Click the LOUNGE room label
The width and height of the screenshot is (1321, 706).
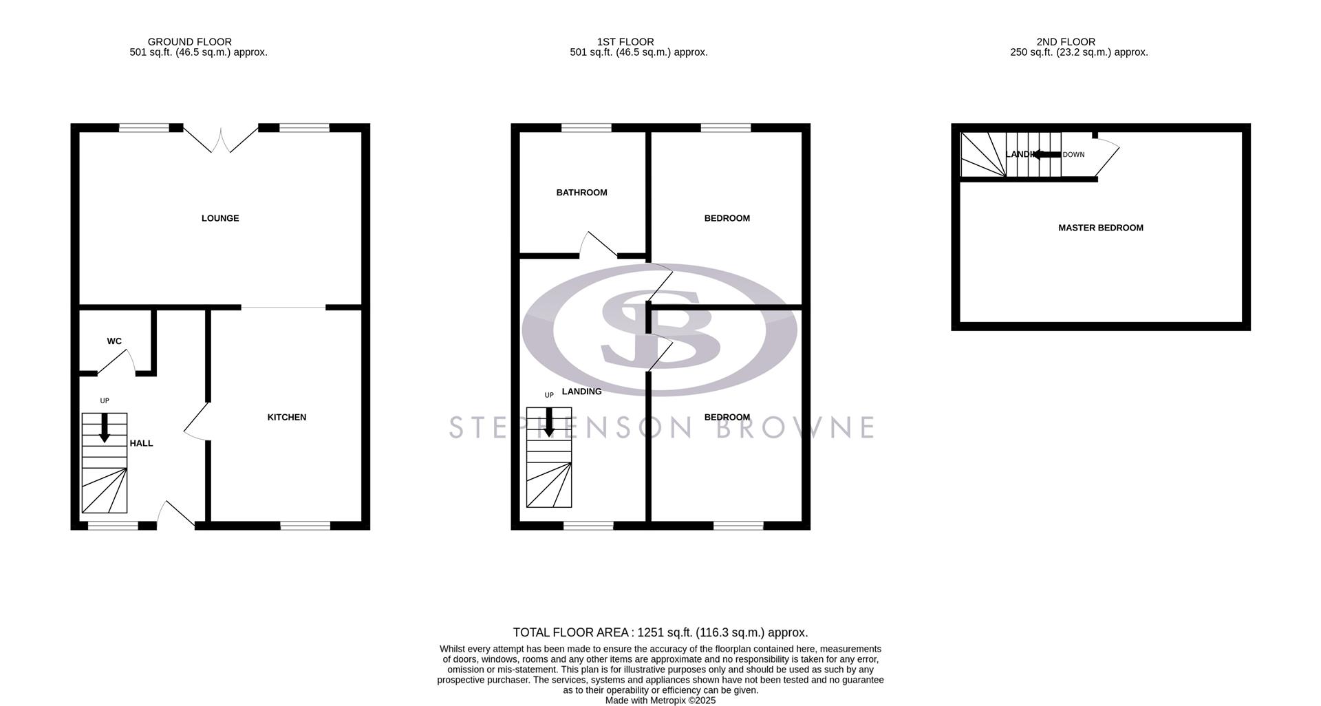(x=220, y=218)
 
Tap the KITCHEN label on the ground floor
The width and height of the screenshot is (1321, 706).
(x=287, y=417)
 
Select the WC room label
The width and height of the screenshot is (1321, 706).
(x=114, y=341)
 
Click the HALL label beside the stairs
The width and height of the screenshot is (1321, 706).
(x=141, y=443)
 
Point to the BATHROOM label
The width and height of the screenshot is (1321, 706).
(x=581, y=193)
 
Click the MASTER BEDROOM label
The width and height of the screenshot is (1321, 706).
(x=1100, y=228)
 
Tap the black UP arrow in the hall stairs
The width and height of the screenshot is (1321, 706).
(x=105, y=427)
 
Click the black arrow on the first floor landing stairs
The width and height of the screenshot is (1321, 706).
(x=549, y=422)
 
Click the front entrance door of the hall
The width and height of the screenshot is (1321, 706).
(x=177, y=515)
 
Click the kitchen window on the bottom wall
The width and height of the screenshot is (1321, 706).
(x=305, y=526)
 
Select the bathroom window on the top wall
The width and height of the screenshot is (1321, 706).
(x=586, y=127)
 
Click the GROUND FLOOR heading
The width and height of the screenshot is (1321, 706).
(x=189, y=42)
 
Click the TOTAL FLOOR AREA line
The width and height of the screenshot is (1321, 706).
(x=660, y=632)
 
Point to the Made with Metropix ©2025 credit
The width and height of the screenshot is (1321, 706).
(x=660, y=700)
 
